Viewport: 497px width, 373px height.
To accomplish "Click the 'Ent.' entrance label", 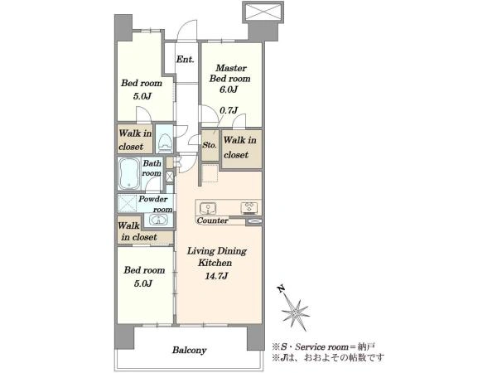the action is [186, 60].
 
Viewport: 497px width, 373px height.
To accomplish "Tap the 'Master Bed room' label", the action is [230, 73].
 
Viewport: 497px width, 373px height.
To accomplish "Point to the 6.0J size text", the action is [229, 90].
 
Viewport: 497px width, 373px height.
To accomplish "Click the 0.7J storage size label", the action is [229, 110].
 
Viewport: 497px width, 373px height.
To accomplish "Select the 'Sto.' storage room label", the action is [210, 145].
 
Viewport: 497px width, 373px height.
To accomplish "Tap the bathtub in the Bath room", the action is [129, 173].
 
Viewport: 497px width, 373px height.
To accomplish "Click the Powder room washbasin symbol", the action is [158, 220].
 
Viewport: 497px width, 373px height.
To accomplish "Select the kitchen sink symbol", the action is [208, 208].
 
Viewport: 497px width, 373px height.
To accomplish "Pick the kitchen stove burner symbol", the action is [249, 208].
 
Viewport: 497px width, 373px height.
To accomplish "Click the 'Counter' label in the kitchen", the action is [212, 220].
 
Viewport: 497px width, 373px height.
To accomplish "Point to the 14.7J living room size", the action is [216, 276].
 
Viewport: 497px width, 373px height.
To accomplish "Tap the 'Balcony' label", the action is [189, 350].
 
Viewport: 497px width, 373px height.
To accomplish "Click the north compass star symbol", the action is [296, 312].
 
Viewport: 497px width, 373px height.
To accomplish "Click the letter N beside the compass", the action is [280, 289].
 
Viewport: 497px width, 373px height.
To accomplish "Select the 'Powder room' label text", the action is [156, 204].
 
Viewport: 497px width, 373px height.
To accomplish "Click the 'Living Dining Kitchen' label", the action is [217, 257].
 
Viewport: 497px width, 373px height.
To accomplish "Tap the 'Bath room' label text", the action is [152, 168].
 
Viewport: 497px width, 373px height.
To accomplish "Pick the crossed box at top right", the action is [263, 12].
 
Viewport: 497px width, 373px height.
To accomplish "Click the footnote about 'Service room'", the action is [323, 346].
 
